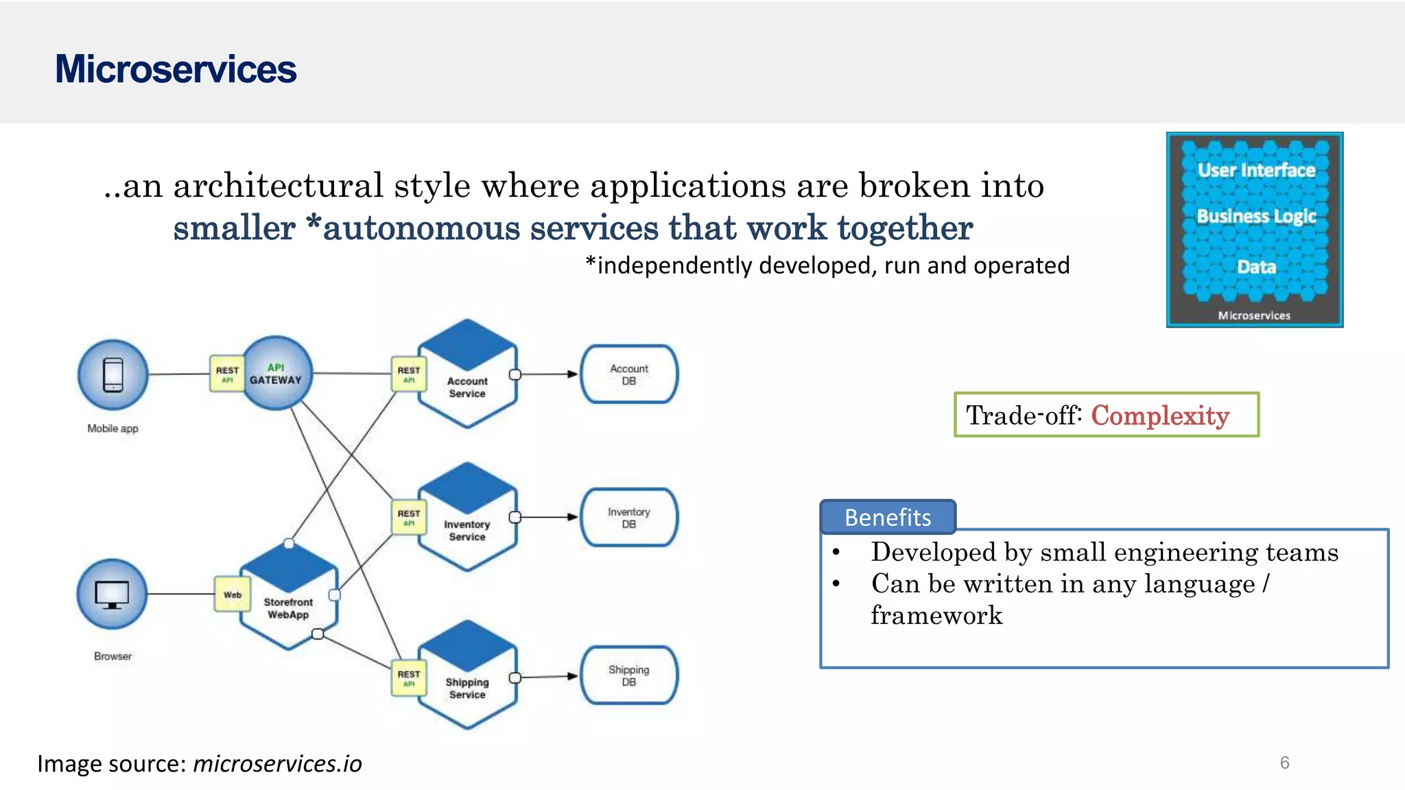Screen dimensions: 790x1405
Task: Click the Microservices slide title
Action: click(x=176, y=69)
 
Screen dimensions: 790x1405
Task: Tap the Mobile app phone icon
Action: click(x=113, y=374)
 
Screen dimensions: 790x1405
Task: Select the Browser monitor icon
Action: click(x=112, y=595)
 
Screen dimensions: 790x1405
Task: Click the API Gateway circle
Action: click(x=276, y=373)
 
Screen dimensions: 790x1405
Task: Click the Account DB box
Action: click(x=629, y=374)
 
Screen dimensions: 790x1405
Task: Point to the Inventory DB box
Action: click(x=629, y=518)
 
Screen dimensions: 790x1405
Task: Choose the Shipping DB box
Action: click(x=629, y=675)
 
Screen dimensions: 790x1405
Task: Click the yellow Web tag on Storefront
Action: click(x=233, y=595)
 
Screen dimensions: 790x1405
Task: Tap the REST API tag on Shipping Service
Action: click(x=409, y=678)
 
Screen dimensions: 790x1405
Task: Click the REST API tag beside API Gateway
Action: click(x=227, y=374)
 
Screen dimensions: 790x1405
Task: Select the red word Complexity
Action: click(x=1160, y=416)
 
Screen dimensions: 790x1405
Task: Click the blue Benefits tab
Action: click(x=888, y=517)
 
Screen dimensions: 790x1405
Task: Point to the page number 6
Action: click(x=1284, y=763)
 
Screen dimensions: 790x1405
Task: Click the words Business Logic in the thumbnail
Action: click(x=1256, y=217)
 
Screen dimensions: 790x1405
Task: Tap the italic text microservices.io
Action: click(x=277, y=763)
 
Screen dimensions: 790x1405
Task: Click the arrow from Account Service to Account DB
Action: click(x=549, y=374)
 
